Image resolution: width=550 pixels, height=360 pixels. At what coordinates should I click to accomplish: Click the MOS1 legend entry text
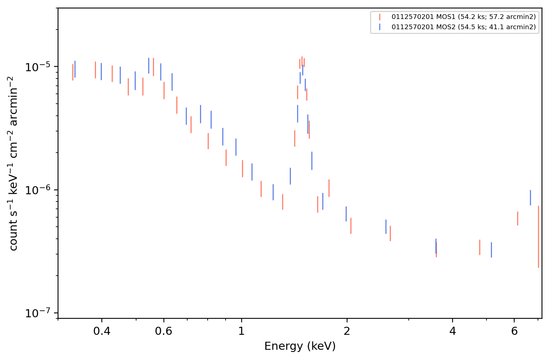(x=464, y=17)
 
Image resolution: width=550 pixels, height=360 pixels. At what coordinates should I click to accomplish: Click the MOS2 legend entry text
(x=464, y=27)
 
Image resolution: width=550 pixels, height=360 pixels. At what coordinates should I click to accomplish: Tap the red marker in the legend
(x=380, y=17)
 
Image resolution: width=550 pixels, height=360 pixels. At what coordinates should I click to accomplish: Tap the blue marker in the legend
(x=380, y=27)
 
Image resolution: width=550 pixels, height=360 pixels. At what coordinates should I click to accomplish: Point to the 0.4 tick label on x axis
(x=102, y=331)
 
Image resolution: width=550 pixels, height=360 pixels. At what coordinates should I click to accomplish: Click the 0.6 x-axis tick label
(x=164, y=331)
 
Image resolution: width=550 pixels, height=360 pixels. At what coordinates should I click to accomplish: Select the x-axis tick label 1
(x=242, y=331)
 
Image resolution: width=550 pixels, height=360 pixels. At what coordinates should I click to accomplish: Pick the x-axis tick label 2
(x=347, y=331)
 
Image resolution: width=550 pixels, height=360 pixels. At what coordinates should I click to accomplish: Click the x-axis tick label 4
(x=453, y=331)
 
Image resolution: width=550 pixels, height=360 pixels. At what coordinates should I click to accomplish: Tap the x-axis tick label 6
(x=514, y=331)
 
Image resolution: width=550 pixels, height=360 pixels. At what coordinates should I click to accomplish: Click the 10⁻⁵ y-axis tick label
(x=38, y=67)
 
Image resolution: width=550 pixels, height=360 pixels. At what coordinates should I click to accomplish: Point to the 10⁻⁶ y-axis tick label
(x=38, y=190)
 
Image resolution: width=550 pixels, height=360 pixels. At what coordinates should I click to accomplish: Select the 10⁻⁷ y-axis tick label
(x=38, y=313)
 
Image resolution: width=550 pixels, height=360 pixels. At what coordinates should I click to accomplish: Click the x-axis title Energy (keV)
(x=300, y=346)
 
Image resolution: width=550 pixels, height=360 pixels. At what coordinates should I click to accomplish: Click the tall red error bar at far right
(x=538, y=237)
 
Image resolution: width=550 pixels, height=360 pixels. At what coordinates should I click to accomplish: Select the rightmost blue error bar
(x=530, y=198)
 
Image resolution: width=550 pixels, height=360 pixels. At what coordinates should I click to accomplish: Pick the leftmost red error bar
(x=73, y=72)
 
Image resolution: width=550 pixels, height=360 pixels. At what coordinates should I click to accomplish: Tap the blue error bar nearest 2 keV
(x=346, y=214)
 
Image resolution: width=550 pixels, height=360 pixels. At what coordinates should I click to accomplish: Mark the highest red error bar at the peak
(x=302, y=61)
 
